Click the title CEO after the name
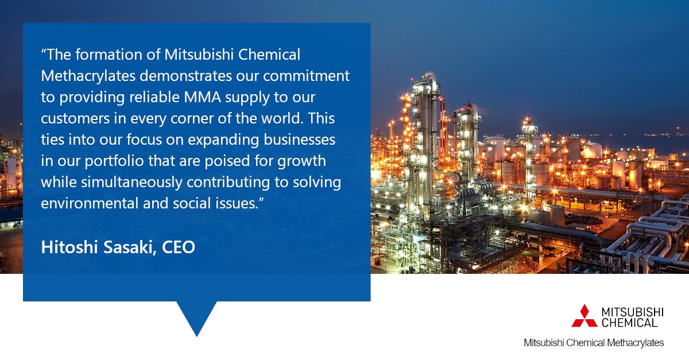click(179, 248)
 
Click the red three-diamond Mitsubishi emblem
click(584, 316)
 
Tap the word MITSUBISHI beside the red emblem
click(632, 312)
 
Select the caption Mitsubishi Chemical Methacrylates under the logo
click(593, 343)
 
